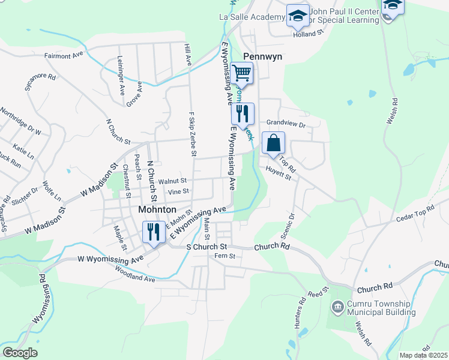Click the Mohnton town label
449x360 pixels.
157,210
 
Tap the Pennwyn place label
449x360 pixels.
262,57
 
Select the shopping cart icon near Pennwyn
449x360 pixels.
242,74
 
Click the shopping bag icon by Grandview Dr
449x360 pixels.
273,143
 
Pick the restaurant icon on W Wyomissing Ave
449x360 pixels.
153,232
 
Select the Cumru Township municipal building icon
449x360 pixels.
338,308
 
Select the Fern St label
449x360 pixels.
223,256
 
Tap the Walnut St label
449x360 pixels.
172,181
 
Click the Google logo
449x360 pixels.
20,353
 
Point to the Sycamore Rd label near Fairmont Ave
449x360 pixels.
40,81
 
